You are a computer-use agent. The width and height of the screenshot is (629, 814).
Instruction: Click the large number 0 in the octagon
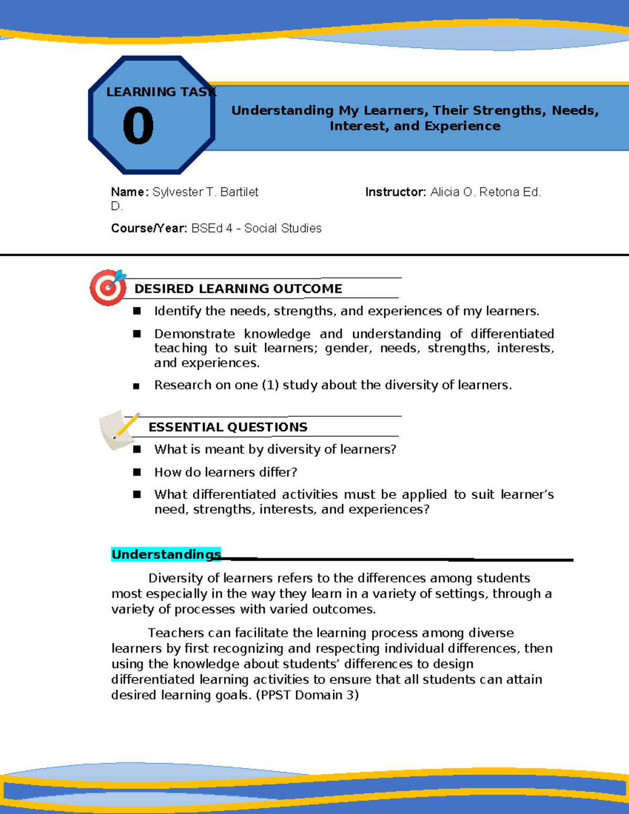(x=138, y=126)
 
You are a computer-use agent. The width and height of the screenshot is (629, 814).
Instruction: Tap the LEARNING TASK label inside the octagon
(x=160, y=92)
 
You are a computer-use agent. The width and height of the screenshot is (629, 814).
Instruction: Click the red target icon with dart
(x=109, y=287)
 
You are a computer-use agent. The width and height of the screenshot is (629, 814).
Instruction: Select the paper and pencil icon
(x=118, y=430)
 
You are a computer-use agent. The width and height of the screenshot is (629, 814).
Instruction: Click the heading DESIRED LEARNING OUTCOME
(x=238, y=289)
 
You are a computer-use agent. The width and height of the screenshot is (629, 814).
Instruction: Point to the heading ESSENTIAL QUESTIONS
(x=228, y=427)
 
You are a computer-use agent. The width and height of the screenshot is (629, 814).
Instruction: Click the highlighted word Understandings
(x=166, y=555)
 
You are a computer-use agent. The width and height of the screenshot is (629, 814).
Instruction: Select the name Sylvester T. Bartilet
(x=205, y=192)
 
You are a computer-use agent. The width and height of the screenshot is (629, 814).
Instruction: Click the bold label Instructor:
(x=396, y=192)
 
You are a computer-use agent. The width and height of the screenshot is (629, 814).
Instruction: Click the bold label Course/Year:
(x=149, y=229)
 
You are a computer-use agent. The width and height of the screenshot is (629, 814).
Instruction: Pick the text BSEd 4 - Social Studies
(x=257, y=229)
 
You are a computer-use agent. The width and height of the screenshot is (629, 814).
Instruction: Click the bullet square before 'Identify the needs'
(x=137, y=311)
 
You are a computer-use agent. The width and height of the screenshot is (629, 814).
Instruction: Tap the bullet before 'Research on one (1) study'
(x=136, y=386)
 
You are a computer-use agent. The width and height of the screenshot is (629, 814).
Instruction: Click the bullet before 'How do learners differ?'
(x=137, y=472)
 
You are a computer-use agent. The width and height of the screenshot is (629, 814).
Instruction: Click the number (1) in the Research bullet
(x=270, y=385)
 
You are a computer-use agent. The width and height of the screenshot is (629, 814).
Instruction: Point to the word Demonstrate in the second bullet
(x=194, y=334)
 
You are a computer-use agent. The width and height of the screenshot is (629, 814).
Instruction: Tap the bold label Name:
(x=130, y=192)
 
